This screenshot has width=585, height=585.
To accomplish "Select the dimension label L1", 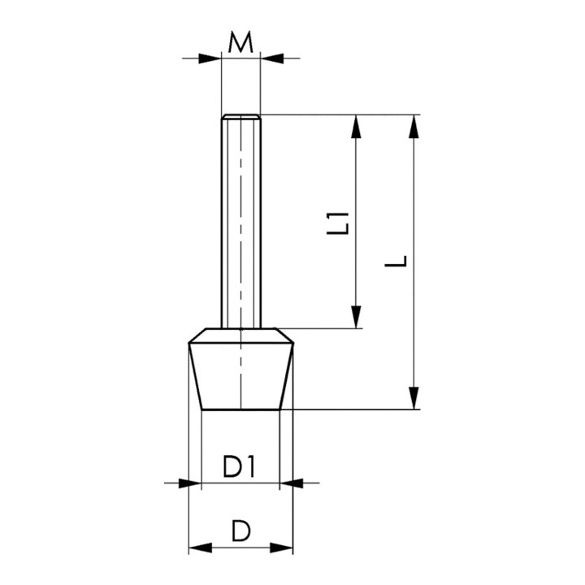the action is (338, 223).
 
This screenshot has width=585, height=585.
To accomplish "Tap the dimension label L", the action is (396, 261).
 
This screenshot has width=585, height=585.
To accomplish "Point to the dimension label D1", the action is (239, 466).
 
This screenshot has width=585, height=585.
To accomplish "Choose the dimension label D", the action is (240, 531).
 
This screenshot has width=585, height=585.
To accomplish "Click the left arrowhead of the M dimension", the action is (210, 58).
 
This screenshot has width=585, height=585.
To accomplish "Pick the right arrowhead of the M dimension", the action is (272, 58).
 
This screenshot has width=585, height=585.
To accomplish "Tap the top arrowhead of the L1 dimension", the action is (357, 127).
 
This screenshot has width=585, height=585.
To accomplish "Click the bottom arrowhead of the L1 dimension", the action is (357, 317).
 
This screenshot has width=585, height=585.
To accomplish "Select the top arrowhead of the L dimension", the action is (414, 127).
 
